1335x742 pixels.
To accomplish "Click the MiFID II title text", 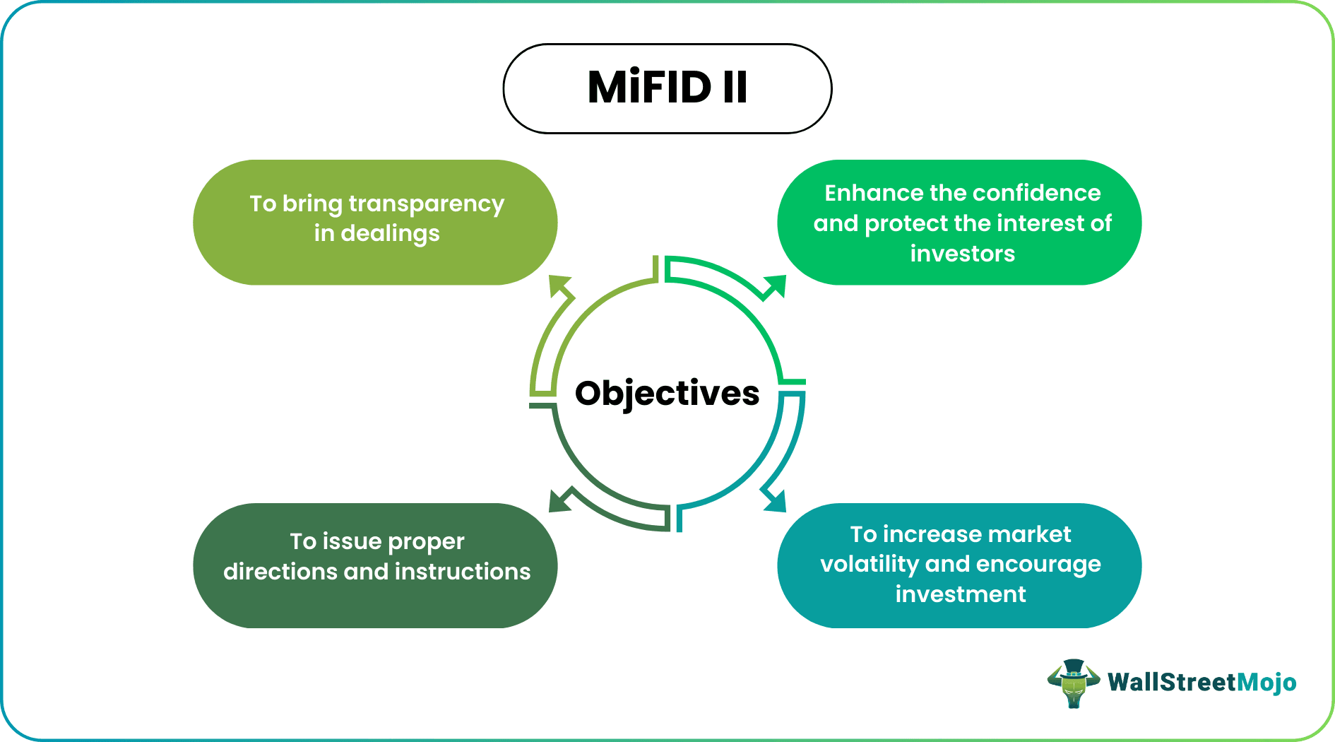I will (x=667, y=88).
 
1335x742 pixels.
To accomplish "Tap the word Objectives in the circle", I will (x=667, y=394).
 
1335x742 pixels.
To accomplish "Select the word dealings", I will (x=390, y=234).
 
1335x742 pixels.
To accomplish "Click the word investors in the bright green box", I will (x=962, y=254).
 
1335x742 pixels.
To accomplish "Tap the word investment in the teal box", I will (x=960, y=594).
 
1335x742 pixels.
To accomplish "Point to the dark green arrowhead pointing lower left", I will (x=560, y=501).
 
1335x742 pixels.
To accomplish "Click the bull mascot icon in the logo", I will (x=1073, y=683).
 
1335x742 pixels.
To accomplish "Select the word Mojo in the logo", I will (x=1266, y=683).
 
